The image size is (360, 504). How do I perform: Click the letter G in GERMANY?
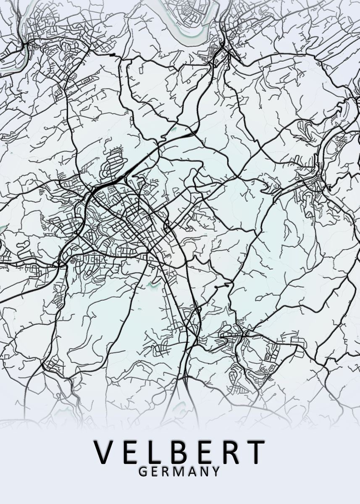143,472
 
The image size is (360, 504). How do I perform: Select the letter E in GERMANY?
154,472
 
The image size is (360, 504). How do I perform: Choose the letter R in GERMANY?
165,472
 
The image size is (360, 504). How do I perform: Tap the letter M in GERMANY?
178,472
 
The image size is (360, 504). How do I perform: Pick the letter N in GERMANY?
203,472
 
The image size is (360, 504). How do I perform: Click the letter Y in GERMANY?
215,472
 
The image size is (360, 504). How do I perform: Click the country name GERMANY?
179,472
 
